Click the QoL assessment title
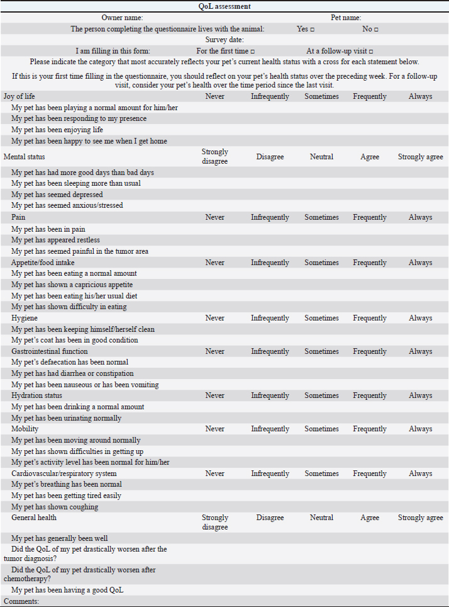tap(224, 6)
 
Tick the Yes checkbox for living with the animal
tap(313, 29)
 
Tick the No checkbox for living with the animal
tap(376, 29)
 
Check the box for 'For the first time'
tap(253, 51)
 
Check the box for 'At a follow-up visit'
tap(371, 51)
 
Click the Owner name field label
tap(122, 18)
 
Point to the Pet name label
tap(346, 18)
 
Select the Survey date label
tap(224, 40)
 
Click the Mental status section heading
tap(25, 156)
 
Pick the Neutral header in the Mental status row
tap(321, 156)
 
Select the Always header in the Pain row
tap(420, 217)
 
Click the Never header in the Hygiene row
tap(214, 318)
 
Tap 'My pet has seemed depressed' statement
tap(57, 195)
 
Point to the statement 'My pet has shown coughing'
tap(55, 507)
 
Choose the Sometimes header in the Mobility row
tap(321, 429)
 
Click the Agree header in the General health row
tap(370, 518)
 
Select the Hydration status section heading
tap(36, 395)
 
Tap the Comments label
tap(21, 601)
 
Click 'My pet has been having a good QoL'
tap(68, 590)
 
